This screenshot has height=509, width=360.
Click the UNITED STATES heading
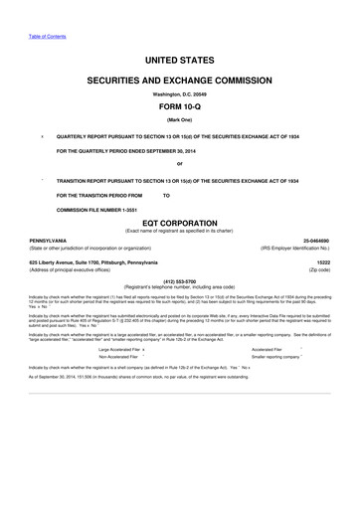pos(180,61)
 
